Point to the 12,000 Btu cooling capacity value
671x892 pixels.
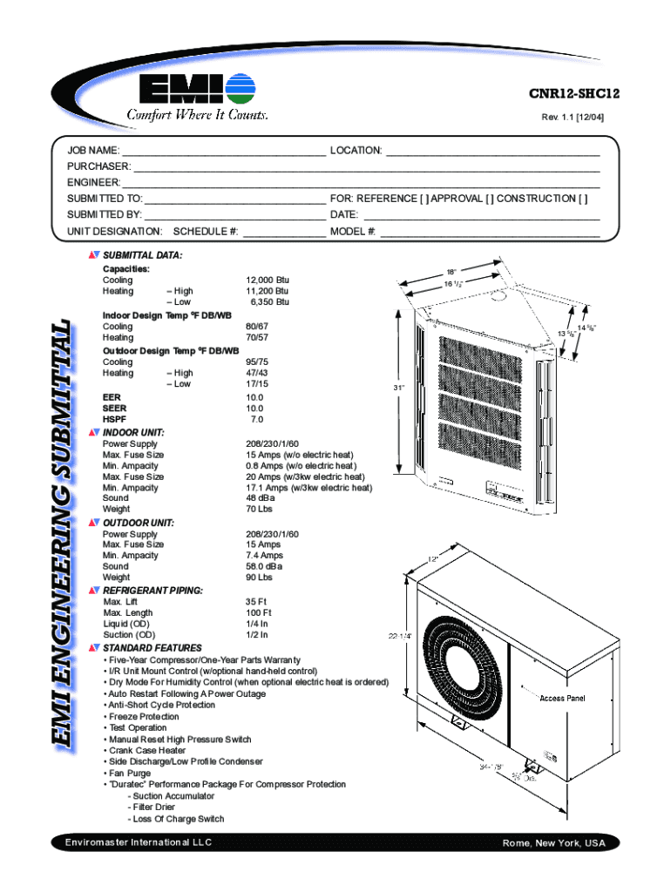pyautogui.click(x=268, y=280)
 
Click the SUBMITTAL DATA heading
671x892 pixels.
pyautogui.click(x=143, y=256)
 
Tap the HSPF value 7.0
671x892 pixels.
pyautogui.click(x=257, y=419)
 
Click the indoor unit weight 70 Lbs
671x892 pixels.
pyautogui.click(x=260, y=509)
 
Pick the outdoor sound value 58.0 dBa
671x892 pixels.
pyautogui.click(x=265, y=566)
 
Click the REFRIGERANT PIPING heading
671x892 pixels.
pyautogui.click(x=153, y=591)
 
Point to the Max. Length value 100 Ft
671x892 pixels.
pyautogui.click(x=260, y=612)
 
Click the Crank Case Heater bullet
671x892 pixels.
pyautogui.click(x=147, y=750)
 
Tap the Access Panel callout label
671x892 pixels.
pyautogui.click(x=562, y=699)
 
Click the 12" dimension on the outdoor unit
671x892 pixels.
pyautogui.click(x=432, y=558)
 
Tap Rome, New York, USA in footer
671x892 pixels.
pyautogui.click(x=553, y=844)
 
